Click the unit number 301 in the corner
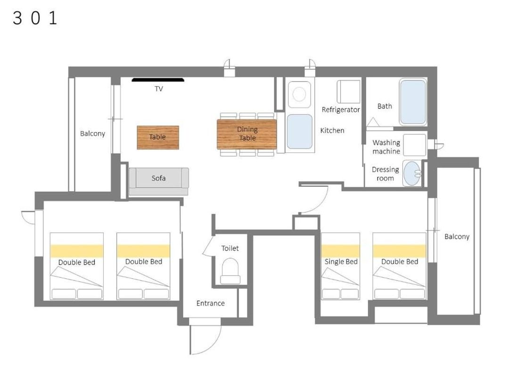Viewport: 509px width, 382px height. [x=35, y=18]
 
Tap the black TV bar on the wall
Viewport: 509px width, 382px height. [x=158, y=80]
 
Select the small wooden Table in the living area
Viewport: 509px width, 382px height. [x=158, y=137]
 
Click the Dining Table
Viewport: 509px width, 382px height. [x=246, y=134]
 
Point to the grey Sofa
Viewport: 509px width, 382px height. [x=159, y=181]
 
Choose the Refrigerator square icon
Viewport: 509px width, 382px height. [x=348, y=91]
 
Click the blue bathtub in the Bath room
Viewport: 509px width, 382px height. [x=412, y=102]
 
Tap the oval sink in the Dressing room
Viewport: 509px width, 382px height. [x=412, y=173]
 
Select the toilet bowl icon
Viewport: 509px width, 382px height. [x=230, y=271]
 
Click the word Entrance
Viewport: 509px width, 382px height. [x=210, y=303]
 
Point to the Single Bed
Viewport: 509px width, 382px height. [x=341, y=266]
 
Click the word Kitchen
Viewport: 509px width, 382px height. [x=332, y=130]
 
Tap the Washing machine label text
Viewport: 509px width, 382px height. [x=386, y=147]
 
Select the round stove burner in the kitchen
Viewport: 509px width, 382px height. [x=299, y=94]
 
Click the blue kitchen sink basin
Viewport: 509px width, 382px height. [x=300, y=132]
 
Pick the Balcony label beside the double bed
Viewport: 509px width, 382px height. [x=457, y=236]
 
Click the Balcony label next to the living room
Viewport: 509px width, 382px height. [x=92, y=133]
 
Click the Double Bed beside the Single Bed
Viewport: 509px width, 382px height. [x=399, y=266]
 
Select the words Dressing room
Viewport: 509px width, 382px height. [x=386, y=174]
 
